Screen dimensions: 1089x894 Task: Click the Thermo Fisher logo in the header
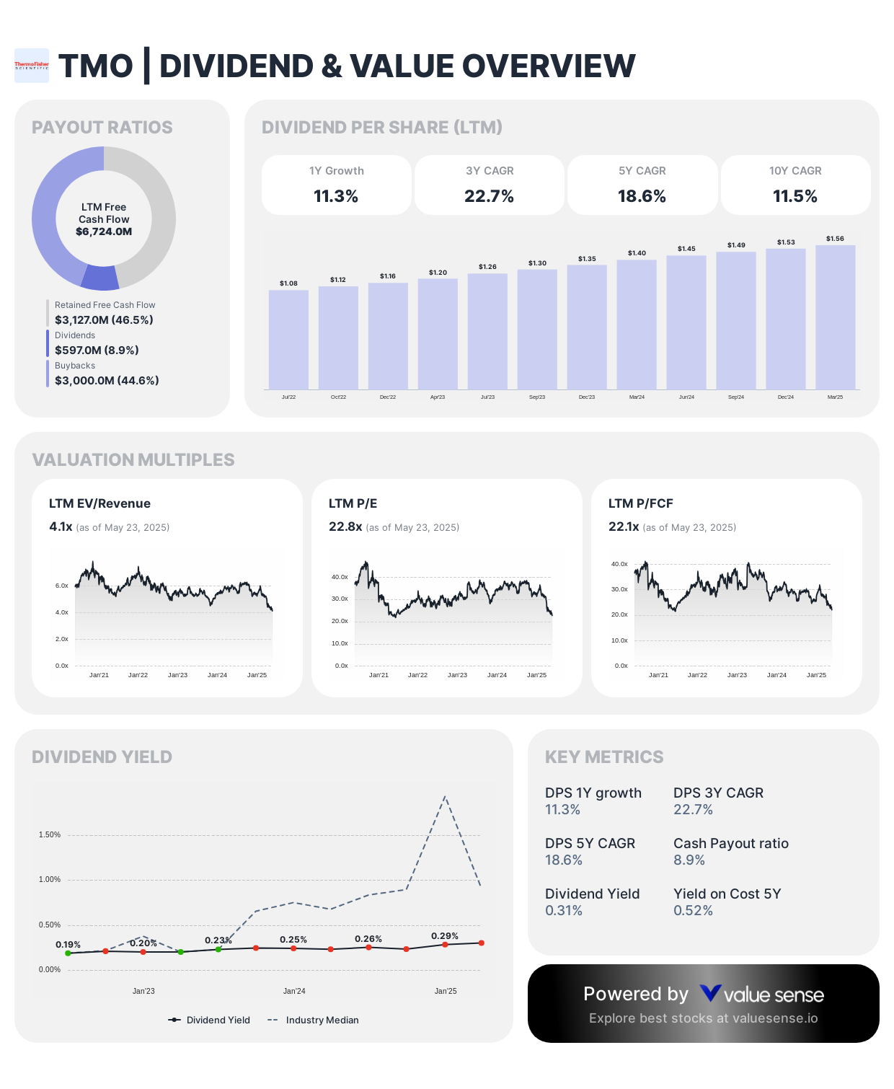point(32,66)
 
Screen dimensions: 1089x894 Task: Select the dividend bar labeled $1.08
point(288,339)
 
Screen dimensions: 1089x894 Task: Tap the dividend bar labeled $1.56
point(835,317)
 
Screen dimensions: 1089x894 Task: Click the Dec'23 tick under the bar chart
point(587,397)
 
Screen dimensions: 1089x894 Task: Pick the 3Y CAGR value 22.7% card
point(489,185)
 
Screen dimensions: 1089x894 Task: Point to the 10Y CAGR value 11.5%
point(795,196)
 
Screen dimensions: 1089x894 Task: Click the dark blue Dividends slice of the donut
point(99,278)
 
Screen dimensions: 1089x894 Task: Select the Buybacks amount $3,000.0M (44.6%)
point(107,380)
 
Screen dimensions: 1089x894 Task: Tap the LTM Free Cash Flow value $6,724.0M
point(104,232)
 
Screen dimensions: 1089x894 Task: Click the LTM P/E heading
point(353,503)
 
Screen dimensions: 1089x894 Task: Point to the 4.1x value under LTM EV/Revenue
point(61,526)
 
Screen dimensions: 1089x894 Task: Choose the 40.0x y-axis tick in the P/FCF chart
point(619,564)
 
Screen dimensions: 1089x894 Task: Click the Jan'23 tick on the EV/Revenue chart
point(177,675)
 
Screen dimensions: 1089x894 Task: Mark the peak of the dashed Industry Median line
point(445,796)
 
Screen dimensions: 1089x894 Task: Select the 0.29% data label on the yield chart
point(444,935)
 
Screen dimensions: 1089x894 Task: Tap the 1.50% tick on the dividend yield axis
point(50,834)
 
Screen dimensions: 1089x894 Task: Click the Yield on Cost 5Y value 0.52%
point(693,910)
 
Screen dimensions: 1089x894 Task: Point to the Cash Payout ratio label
point(730,843)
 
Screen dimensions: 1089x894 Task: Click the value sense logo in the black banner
point(761,995)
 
